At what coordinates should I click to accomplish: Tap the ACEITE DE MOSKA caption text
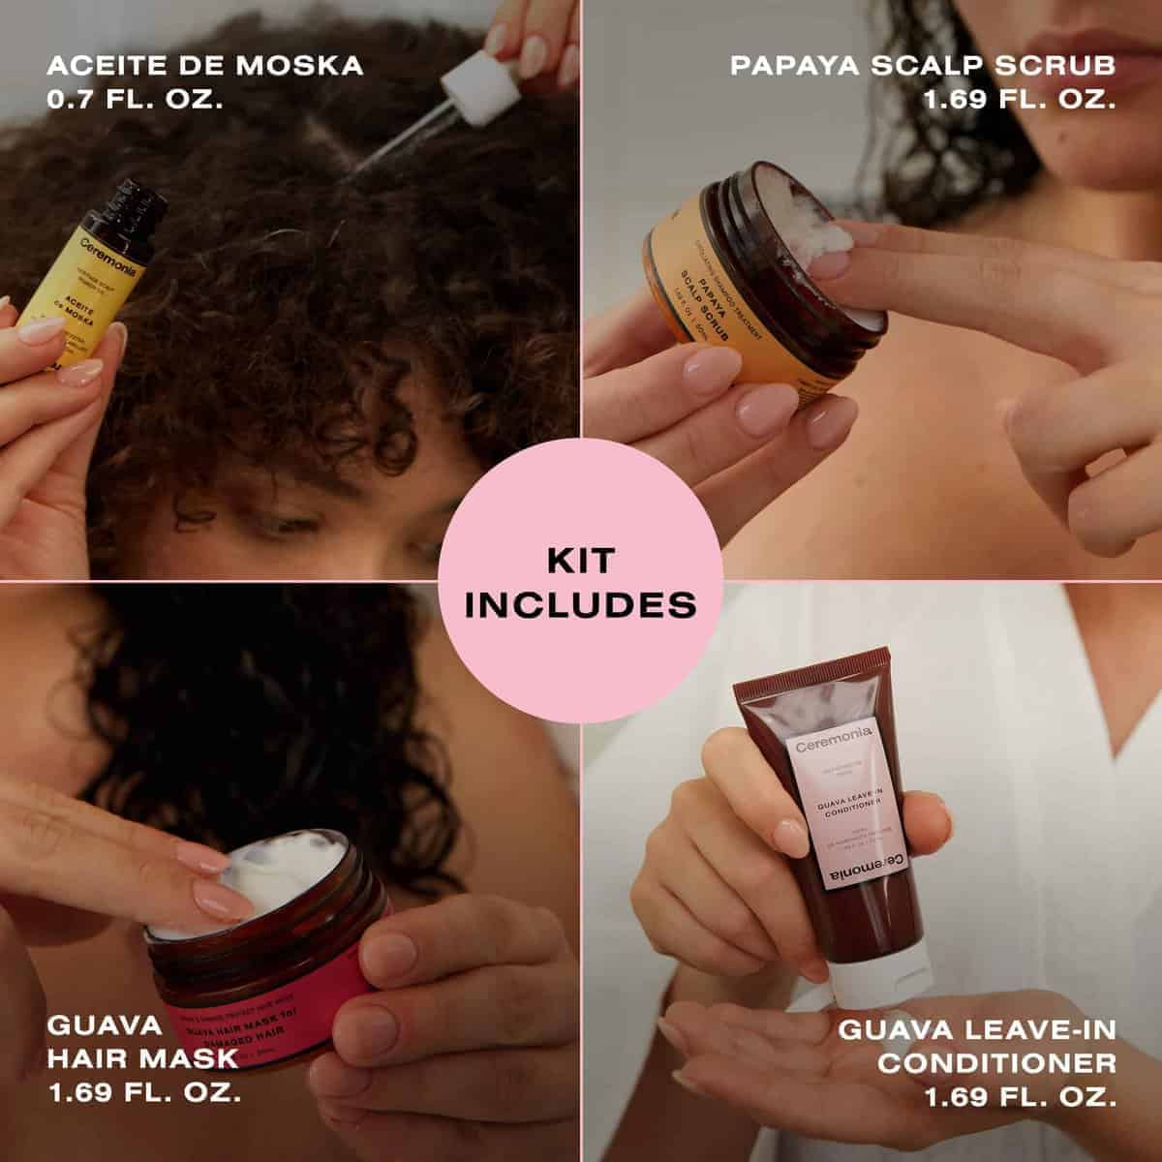click(204, 65)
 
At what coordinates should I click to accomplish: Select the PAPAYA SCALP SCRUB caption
click(922, 65)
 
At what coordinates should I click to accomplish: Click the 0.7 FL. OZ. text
click(135, 99)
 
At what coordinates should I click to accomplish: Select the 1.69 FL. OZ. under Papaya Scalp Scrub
click(1019, 99)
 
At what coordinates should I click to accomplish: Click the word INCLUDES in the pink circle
click(581, 605)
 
